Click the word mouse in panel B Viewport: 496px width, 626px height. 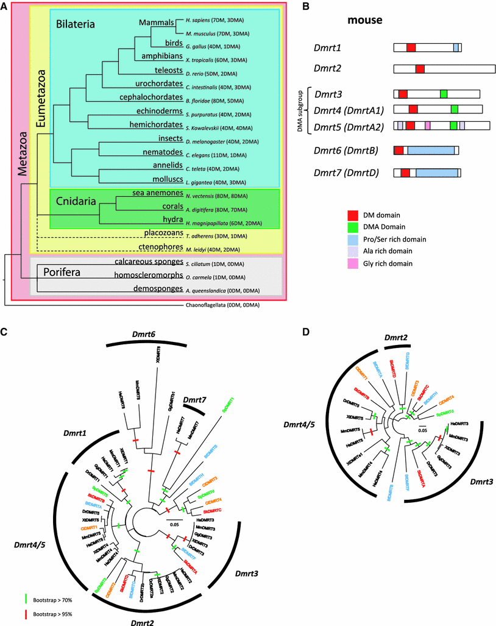(364, 20)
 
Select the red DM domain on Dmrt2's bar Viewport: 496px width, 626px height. (420, 69)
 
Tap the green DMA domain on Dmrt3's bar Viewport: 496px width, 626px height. (443, 93)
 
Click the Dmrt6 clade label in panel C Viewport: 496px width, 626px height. (144, 335)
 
